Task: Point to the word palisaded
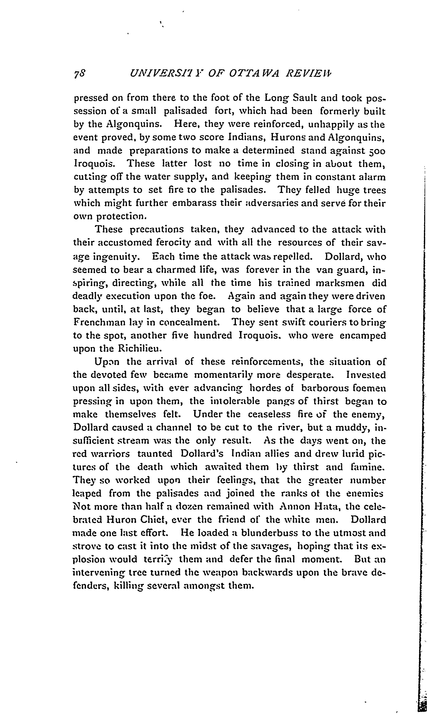tap(185, 111)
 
